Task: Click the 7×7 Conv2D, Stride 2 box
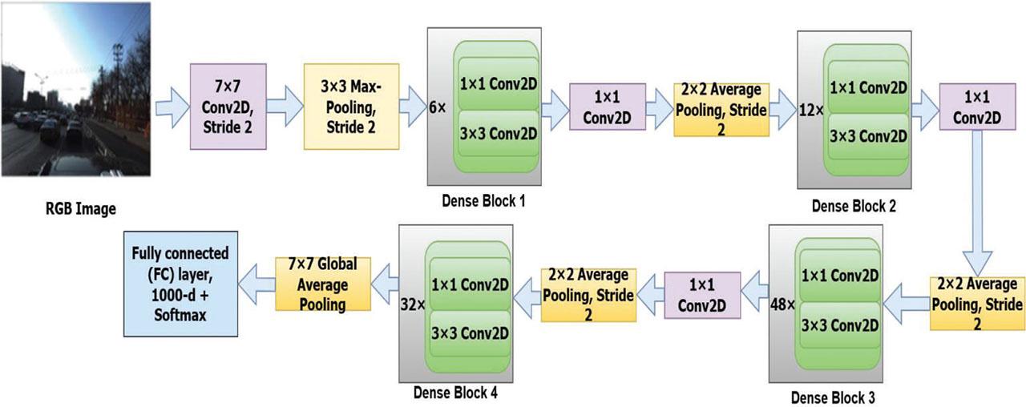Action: (226, 107)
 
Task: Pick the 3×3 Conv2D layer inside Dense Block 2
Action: (867, 135)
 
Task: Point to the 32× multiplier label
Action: (413, 304)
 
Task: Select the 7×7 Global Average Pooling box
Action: (323, 284)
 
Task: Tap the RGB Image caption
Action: (80, 210)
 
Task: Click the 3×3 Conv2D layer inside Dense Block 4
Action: (471, 330)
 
